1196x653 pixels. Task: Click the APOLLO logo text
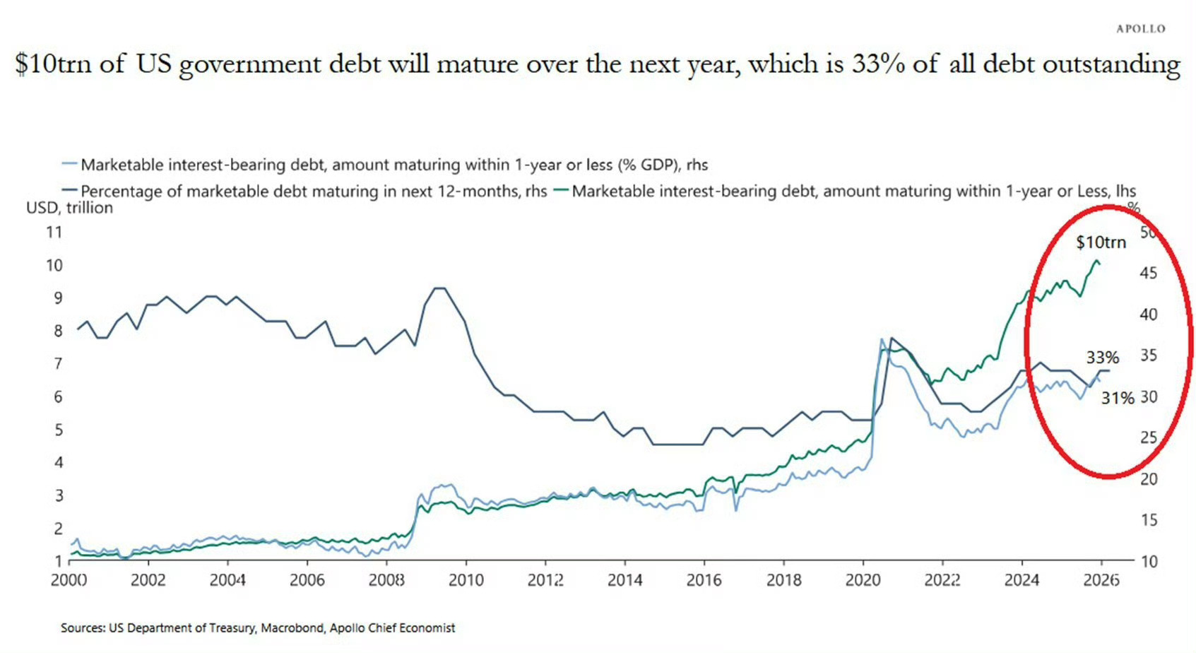point(1140,29)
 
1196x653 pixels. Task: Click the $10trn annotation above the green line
point(1101,242)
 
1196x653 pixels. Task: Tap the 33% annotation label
point(1102,358)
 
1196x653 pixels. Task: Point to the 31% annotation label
point(1117,399)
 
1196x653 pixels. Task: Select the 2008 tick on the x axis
point(386,580)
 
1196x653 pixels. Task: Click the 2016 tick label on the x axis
point(704,580)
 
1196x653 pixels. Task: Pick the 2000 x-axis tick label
point(69,580)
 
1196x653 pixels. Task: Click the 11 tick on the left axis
point(54,233)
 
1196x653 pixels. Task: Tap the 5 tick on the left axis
point(59,430)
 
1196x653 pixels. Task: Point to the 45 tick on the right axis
point(1149,273)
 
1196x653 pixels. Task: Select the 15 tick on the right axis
point(1149,520)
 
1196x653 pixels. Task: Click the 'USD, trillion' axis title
point(69,208)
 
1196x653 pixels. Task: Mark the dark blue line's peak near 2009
point(439,288)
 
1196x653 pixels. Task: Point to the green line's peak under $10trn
point(1096,261)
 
